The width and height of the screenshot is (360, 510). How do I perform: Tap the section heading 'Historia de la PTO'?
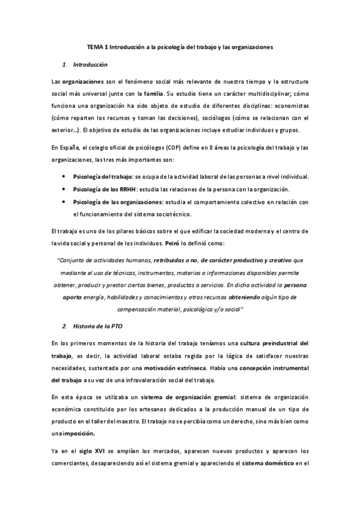coord(100,326)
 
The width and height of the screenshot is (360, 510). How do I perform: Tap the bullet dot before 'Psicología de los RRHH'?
coord(64,189)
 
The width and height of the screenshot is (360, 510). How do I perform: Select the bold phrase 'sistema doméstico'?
coord(269,463)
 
